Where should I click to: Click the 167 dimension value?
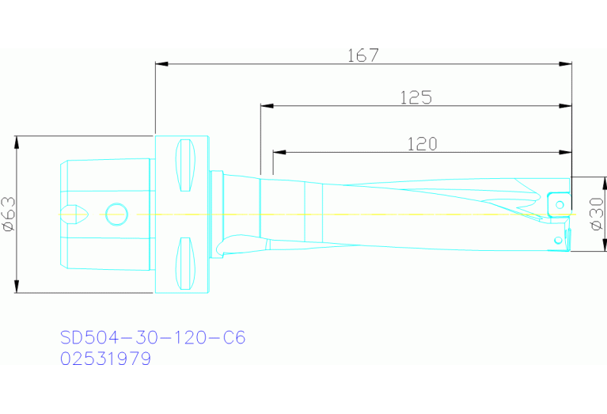[x=363, y=55]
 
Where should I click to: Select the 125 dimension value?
[x=415, y=97]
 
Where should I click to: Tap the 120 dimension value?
[x=423, y=143]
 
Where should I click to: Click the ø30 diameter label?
[x=596, y=215]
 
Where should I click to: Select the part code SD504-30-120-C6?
[x=153, y=337]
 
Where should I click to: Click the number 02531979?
[x=105, y=359]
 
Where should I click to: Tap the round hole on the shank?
[x=116, y=213]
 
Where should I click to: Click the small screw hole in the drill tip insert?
[x=560, y=205]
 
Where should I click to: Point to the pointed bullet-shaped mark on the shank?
[x=76, y=213]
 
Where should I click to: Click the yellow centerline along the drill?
[x=356, y=214]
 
